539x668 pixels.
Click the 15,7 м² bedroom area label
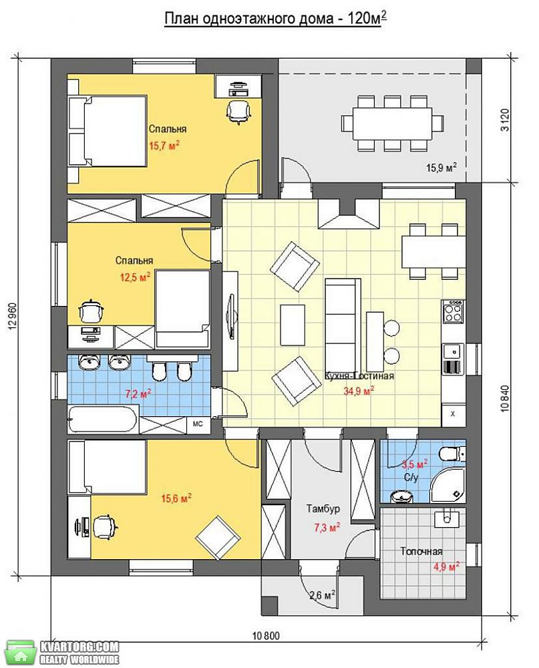(164, 146)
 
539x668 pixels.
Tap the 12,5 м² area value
(135, 278)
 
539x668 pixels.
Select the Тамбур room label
(323, 508)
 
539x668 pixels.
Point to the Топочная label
(421, 552)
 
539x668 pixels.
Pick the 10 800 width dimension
(266, 637)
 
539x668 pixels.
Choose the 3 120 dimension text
(505, 120)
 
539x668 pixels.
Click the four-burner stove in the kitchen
(453, 311)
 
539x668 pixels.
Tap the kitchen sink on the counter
(453, 351)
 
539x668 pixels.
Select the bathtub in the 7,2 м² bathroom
(103, 420)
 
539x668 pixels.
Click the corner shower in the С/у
(447, 486)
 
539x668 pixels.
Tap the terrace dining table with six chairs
(392, 123)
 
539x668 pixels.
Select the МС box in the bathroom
(198, 424)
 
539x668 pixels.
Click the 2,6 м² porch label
(322, 595)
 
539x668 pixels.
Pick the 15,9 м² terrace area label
(441, 168)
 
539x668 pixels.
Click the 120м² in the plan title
(363, 19)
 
